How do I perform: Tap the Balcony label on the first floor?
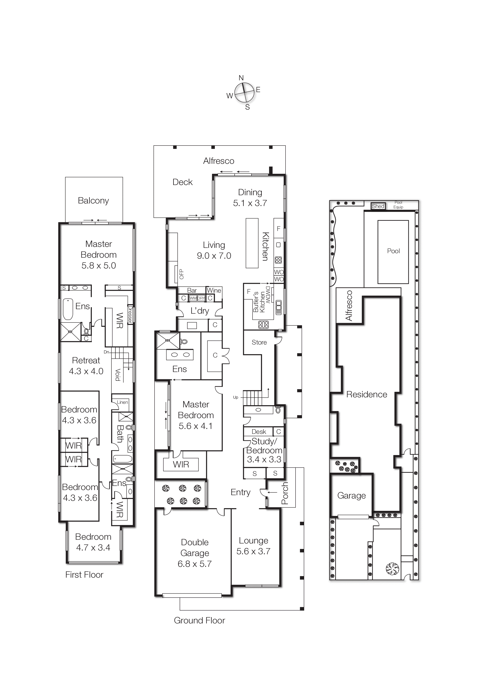click(x=93, y=201)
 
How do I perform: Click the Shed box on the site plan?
click(x=378, y=206)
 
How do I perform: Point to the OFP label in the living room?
click(x=181, y=274)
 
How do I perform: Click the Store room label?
click(x=259, y=342)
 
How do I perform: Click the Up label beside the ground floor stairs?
click(x=236, y=397)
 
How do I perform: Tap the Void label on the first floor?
click(x=118, y=375)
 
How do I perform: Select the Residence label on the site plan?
click(x=366, y=394)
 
